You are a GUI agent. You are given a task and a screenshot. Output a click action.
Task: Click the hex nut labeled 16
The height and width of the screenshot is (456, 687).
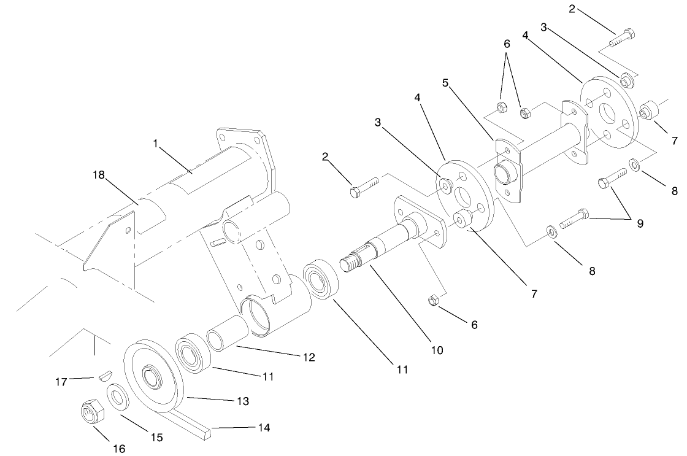(93, 412)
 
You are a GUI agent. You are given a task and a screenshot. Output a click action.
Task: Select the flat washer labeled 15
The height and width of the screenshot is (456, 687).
(118, 396)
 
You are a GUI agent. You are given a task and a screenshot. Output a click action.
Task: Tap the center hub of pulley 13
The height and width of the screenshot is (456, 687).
(150, 374)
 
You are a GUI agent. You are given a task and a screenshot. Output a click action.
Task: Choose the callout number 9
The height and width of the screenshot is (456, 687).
(640, 223)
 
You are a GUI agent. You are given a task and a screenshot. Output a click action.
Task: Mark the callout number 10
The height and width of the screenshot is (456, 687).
(437, 350)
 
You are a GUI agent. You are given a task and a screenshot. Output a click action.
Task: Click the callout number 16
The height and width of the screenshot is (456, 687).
(119, 449)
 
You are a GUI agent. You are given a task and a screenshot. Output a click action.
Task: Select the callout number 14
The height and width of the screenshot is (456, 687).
(263, 427)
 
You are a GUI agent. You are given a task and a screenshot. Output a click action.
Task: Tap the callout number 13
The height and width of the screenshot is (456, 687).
(243, 401)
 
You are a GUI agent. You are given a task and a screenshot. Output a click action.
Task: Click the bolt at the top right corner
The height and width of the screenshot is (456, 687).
(621, 37)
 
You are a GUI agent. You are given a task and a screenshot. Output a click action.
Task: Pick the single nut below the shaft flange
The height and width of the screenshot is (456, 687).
(432, 300)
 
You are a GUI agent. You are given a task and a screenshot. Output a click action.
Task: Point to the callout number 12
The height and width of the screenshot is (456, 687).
(308, 357)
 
